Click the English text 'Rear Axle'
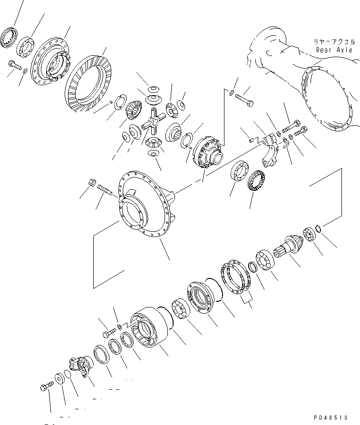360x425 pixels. [x=334, y=49]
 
